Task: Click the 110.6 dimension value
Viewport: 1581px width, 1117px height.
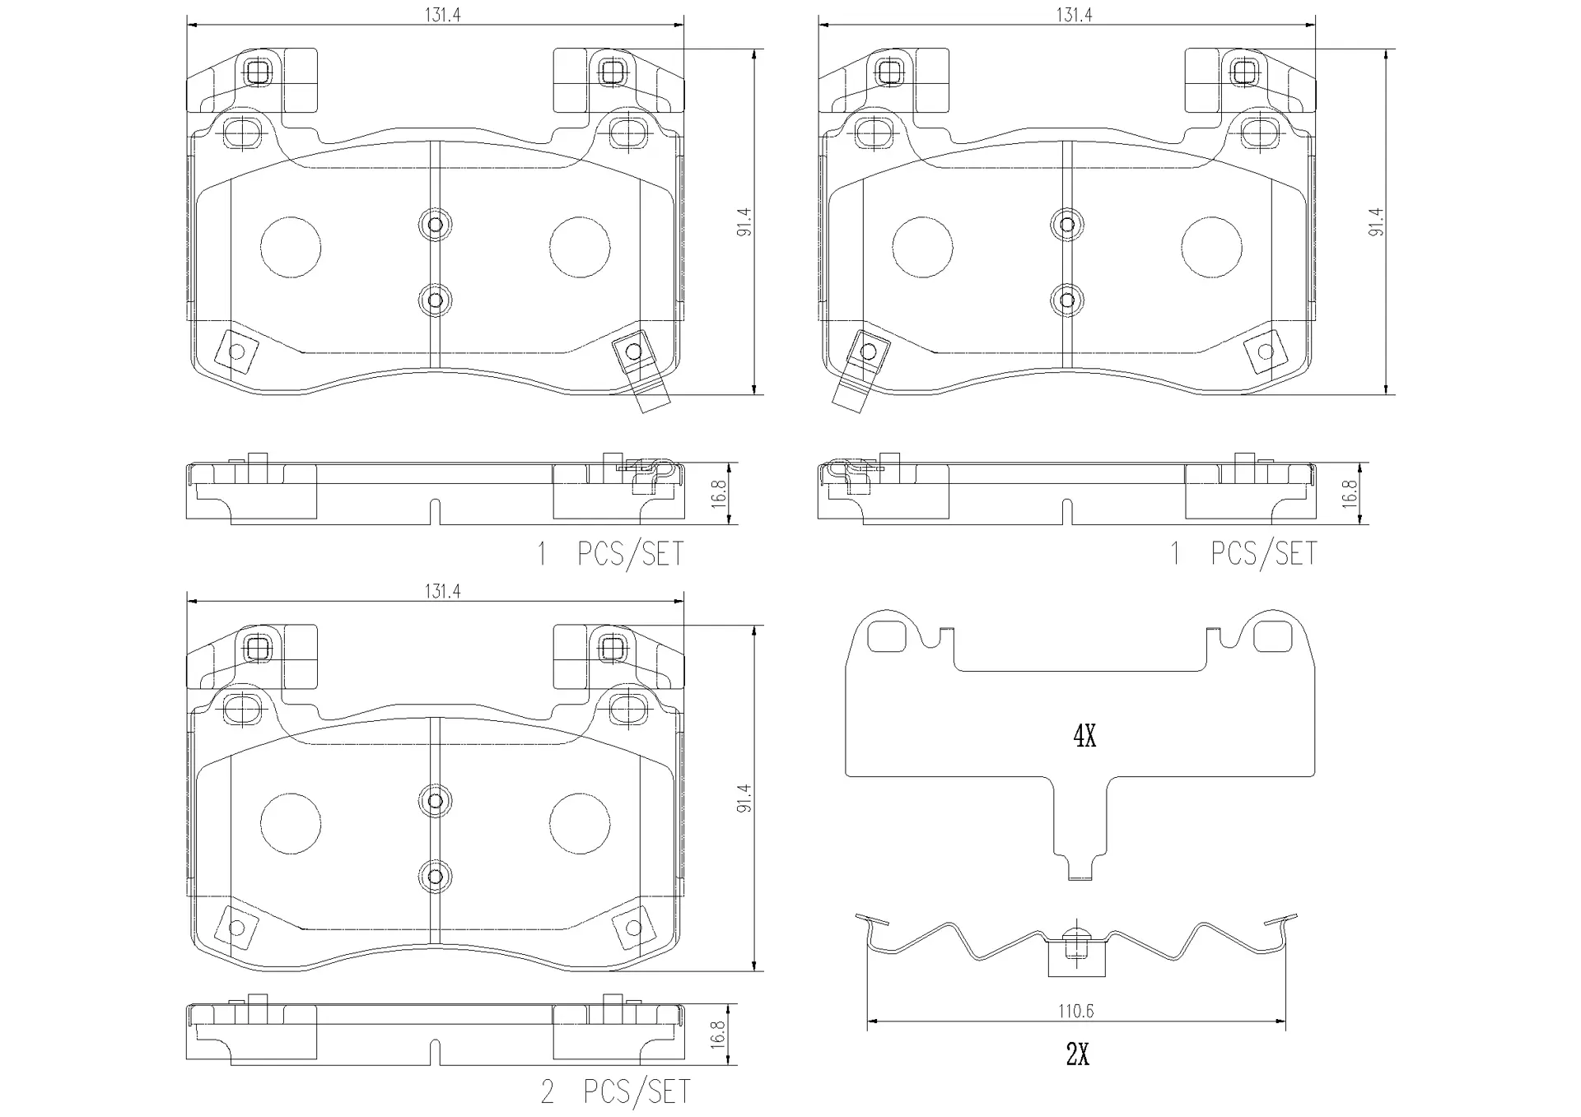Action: click(x=1076, y=1010)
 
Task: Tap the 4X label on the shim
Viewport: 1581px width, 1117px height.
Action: click(x=1084, y=736)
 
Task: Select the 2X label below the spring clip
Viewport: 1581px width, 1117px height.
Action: click(x=1078, y=1054)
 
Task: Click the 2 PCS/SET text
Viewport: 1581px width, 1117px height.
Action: click(x=615, y=1091)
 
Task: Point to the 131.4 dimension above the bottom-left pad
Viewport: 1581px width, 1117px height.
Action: click(x=442, y=591)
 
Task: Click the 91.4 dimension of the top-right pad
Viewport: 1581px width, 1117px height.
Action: click(x=1376, y=222)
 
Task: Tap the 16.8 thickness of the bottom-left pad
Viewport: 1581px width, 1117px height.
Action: click(x=718, y=1035)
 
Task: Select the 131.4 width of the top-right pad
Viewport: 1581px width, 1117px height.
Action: click(x=1074, y=15)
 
